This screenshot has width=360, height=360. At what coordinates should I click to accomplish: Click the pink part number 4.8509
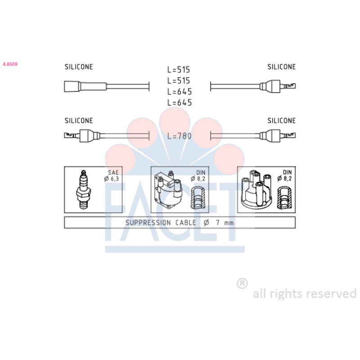10,64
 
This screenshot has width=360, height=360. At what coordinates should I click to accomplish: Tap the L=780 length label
179,136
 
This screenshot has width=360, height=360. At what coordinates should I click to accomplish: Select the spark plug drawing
83,189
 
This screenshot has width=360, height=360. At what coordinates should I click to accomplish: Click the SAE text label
113,172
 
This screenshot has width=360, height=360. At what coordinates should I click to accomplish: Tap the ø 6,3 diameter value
111,179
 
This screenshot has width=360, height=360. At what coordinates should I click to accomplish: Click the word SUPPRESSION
148,222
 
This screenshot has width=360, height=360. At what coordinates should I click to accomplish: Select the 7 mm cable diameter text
225,222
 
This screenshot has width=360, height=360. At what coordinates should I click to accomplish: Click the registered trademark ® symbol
242,283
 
